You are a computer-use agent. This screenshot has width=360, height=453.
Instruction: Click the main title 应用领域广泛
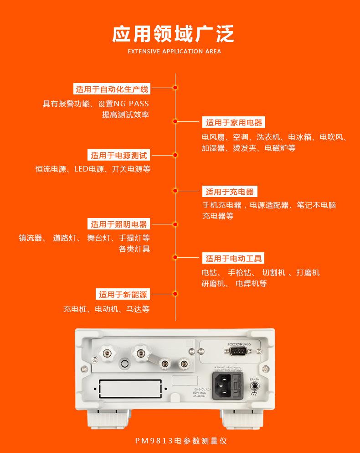coord(174,34)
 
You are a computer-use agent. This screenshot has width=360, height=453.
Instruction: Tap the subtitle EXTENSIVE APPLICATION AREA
coord(174,51)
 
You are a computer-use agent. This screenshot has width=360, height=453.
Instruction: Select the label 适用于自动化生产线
coord(112,89)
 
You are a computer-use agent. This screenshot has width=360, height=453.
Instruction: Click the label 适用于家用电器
coord(234,122)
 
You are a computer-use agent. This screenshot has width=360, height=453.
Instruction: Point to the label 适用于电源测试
coord(119,156)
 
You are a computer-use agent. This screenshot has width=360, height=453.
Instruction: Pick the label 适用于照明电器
coord(119,224)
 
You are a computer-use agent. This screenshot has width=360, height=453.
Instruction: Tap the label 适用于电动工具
coord(234,259)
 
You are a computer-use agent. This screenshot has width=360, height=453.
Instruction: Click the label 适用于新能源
coord(123,294)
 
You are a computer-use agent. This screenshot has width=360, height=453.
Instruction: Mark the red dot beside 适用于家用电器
coord(175,121)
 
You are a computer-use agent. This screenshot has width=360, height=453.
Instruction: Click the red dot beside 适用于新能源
coord(175,294)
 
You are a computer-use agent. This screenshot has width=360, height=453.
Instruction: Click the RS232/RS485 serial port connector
coord(239,351)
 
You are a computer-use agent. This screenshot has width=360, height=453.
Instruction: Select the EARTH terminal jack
coord(255,386)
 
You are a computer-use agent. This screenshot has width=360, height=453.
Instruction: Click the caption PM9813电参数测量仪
coord(181,441)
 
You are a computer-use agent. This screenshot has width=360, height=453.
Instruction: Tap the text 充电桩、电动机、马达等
coord(106,309)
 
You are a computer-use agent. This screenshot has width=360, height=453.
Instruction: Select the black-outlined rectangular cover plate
coord(130,389)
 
